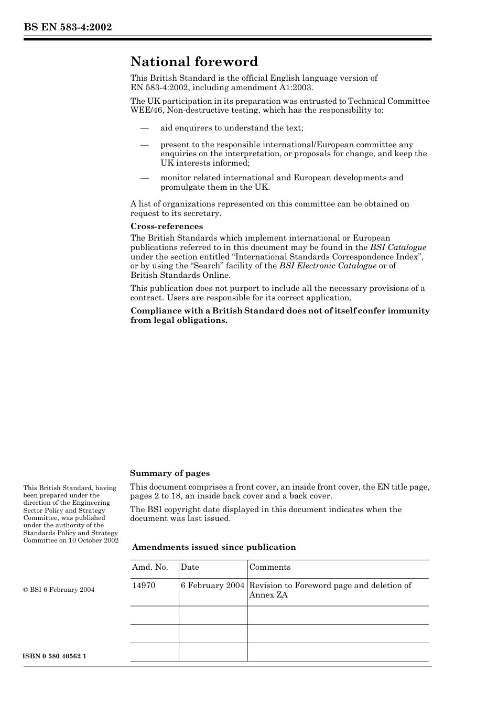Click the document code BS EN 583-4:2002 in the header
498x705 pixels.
click(x=68, y=27)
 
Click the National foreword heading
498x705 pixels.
click(x=194, y=62)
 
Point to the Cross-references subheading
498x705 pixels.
click(x=167, y=226)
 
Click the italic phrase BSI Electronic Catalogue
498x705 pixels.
click(x=328, y=266)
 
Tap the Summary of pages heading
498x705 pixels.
click(x=170, y=473)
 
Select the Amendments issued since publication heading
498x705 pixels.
click(x=214, y=547)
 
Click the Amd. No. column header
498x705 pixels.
click(x=150, y=567)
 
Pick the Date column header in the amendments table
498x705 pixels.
click(x=190, y=567)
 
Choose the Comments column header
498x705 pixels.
click(x=270, y=567)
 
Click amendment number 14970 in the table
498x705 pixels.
click(x=144, y=585)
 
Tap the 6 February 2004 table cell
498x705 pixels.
click(x=213, y=585)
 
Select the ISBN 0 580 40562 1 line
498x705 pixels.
click(x=55, y=656)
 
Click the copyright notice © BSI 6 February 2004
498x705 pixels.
click(x=59, y=590)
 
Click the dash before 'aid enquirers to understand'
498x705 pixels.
click(x=145, y=128)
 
